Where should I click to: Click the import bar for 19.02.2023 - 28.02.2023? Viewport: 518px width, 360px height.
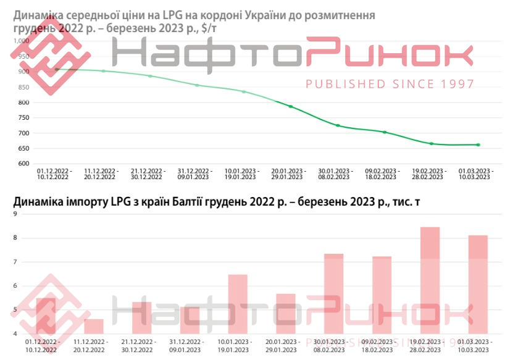(x=430, y=281)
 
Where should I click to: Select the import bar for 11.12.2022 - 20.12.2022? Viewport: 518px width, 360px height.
(x=94, y=327)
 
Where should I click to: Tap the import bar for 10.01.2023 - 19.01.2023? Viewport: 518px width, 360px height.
(x=238, y=304)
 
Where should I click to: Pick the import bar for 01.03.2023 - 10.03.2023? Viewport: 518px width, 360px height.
(x=478, y=285)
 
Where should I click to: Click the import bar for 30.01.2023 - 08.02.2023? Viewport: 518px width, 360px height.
(x=333, y=294)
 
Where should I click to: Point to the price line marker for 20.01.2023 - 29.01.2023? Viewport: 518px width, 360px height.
(x=290, y=107)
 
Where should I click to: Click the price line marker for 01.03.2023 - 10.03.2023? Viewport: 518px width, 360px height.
(x=478, y=145)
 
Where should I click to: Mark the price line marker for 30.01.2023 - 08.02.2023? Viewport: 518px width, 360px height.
(x=338, y=125)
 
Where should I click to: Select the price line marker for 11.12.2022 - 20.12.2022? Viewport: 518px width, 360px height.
(x=103, y=71)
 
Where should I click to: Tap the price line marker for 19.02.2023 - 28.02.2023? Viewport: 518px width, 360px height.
(x=431, y=144)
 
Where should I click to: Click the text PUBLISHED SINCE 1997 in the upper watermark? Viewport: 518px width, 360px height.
(x=390, y=84)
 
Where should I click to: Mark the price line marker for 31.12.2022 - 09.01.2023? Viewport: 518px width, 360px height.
(x=197, y=85)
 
